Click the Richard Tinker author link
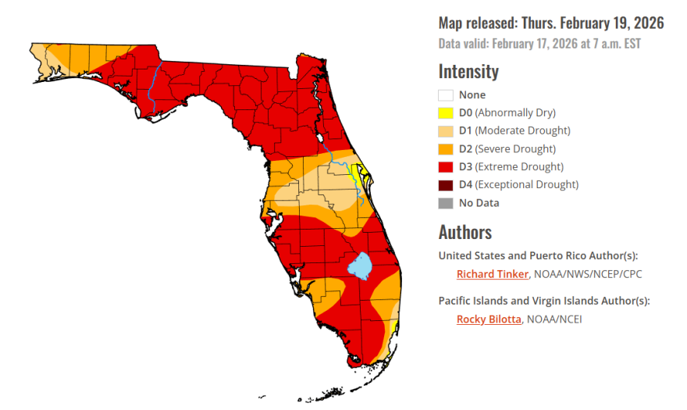pyautogui.click(x=493, y=274)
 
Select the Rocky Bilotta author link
pyautogui.click(x=489, y=319)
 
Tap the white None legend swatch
pyautogui.click(x=446, y=95)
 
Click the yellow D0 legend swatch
pyautogui.click(x=446, y=113)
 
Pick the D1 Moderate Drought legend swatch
pyautogui.click(x=446, y=131)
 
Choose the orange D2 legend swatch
pyautogui.click(x=446, y=149)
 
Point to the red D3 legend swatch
pyautogui.click(x=446, y=167)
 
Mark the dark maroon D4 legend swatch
pyautogui.click(x=446, y=185)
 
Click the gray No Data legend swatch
pyautogui.click(x=446, y=203)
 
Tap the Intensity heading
pyautogui.click(x=468, y=72)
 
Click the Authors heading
pyautogui.click(x=465, y=232)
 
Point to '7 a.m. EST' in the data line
pyautogui.click(x=617, y=44)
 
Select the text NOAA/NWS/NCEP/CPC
pyautogui.click(x=588, y=274)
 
